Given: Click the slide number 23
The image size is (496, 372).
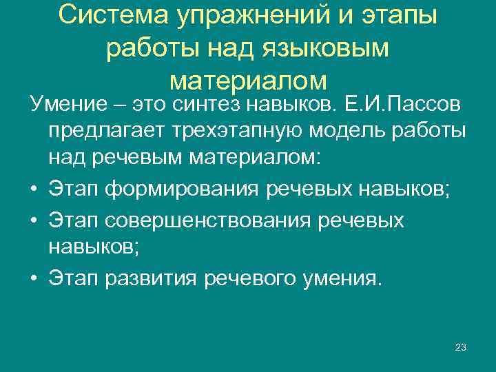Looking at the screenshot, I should (x=461, y=348).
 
